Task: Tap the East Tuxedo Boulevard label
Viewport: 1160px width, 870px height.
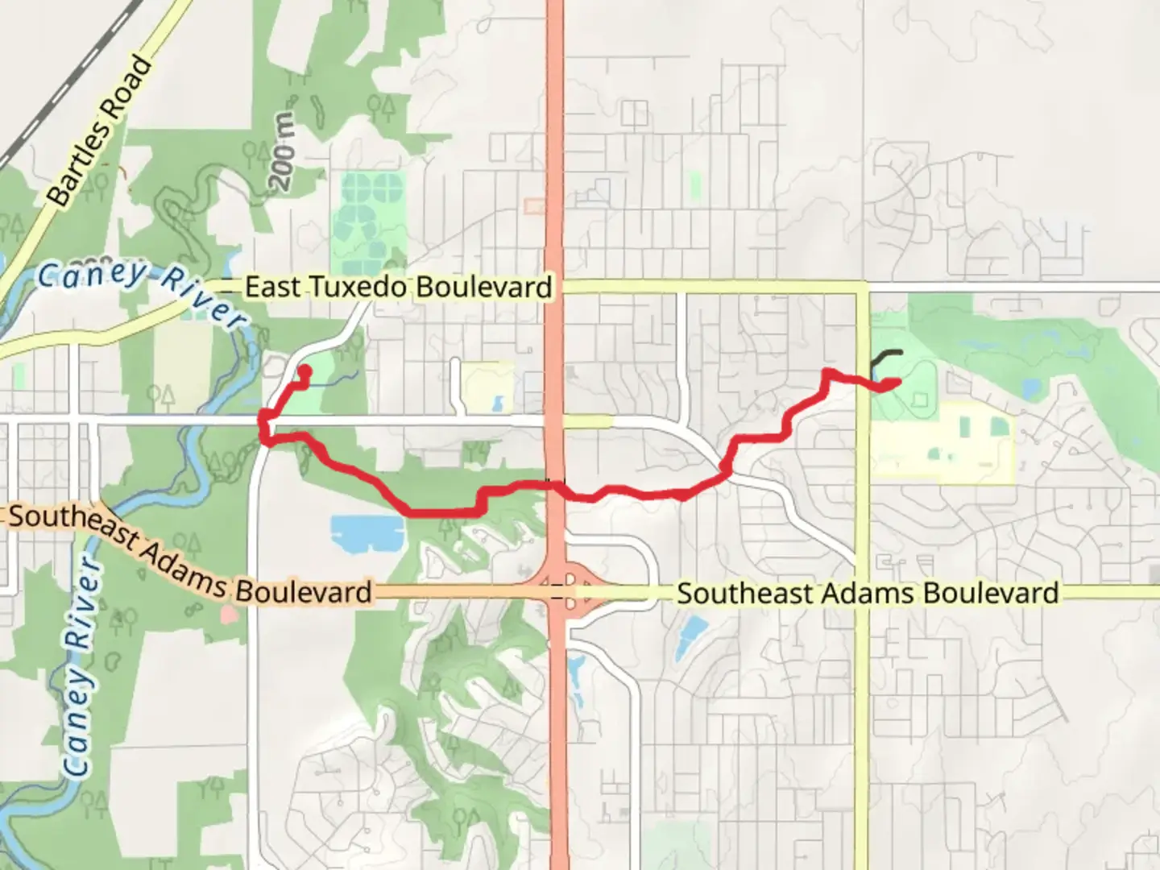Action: coord(399,287)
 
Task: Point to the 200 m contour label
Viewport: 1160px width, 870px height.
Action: coord(283,153)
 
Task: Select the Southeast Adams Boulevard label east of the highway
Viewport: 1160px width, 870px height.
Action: coord(867,594)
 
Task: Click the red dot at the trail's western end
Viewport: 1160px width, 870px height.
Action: coord(305,371)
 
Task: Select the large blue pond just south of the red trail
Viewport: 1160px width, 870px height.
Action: coord(367,532)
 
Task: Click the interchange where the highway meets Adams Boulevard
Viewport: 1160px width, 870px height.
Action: coord(557,586)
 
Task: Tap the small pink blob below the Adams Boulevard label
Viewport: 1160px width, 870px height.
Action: coord(229,615)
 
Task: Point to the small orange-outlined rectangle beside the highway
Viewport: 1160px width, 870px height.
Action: coord(533,206)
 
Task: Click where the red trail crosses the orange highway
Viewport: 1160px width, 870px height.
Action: coord(555,483)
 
